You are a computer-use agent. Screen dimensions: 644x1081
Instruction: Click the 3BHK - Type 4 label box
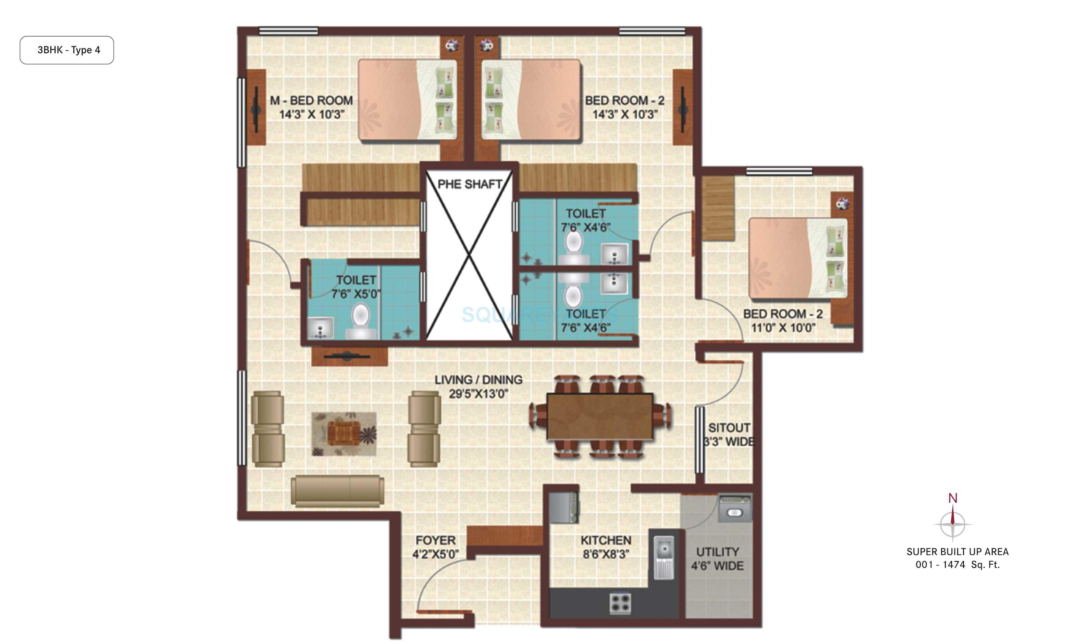[67, 50]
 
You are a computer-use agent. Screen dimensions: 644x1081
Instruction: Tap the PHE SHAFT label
[470, 184]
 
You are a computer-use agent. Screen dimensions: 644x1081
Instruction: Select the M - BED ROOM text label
[311, 101]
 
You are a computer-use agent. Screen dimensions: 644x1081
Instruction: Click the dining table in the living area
[600, 417]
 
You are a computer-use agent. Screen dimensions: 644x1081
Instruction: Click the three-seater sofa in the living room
[337, 490]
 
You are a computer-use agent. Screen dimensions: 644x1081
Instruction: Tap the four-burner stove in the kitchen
[620, 603]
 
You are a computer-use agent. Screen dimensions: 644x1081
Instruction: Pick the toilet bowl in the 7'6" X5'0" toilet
[361, 321]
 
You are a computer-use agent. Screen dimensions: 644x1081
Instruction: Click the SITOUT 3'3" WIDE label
[729, 435]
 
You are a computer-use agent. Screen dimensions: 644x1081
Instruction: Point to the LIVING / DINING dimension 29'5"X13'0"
[478, 394]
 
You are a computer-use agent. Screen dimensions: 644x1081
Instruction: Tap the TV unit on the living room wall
[349, 356]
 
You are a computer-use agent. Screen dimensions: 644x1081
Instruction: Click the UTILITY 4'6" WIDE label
[717, 559]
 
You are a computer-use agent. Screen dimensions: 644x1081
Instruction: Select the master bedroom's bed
[407, 100]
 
